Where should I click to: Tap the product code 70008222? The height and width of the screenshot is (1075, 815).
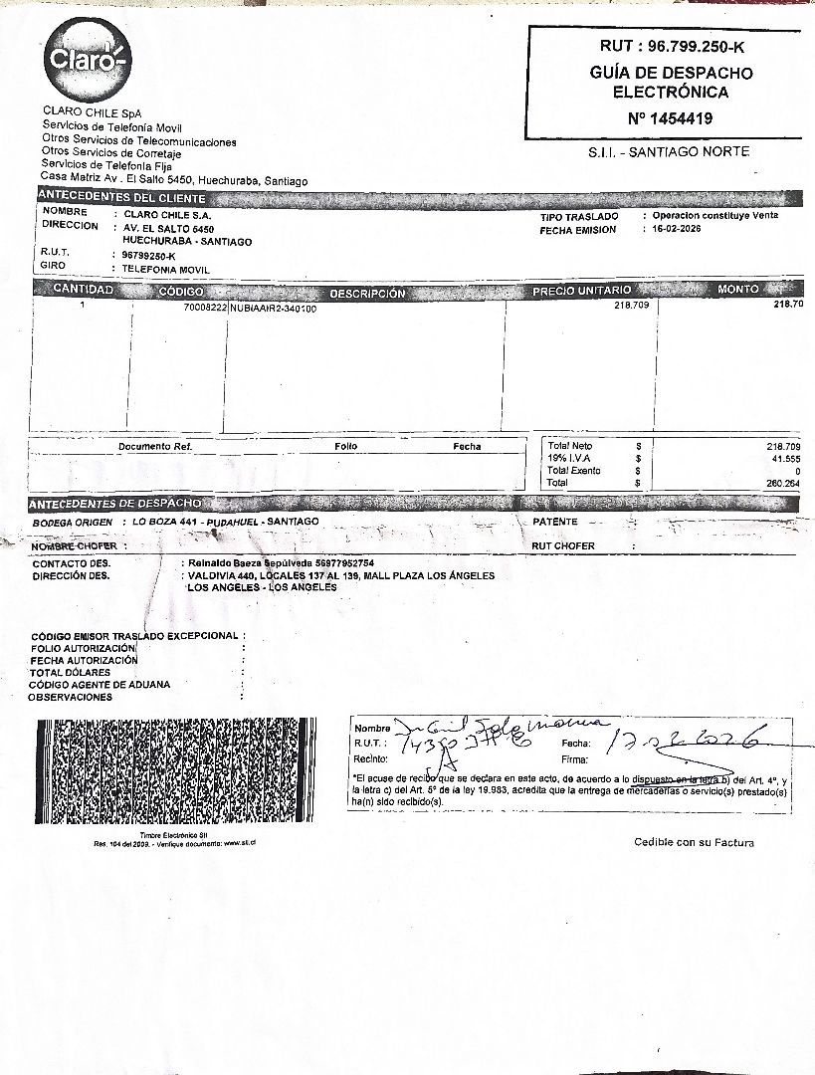[205, 309]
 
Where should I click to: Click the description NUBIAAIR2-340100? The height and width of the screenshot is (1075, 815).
[273, 309]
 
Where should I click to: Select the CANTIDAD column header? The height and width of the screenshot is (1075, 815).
[83, 290]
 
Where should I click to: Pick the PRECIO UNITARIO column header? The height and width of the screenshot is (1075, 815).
[581, 291]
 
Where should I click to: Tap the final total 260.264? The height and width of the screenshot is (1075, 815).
[783, 483]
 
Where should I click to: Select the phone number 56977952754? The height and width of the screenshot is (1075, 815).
[332, 563]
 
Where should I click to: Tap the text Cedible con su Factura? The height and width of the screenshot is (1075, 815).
[694, 843]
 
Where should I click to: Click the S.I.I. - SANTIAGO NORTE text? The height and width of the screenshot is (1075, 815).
[669, 151]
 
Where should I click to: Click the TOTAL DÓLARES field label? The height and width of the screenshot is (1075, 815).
[70, 673]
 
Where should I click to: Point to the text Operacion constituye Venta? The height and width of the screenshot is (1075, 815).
[714, 216]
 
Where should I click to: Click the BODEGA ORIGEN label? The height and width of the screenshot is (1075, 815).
[72, 522]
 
